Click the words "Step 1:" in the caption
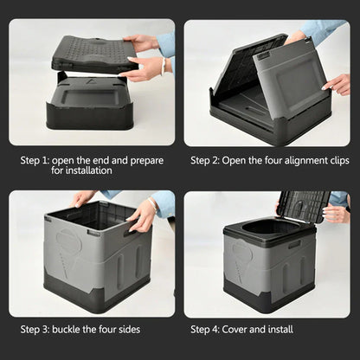pos(35,160)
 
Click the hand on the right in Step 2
pos(337,83)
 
